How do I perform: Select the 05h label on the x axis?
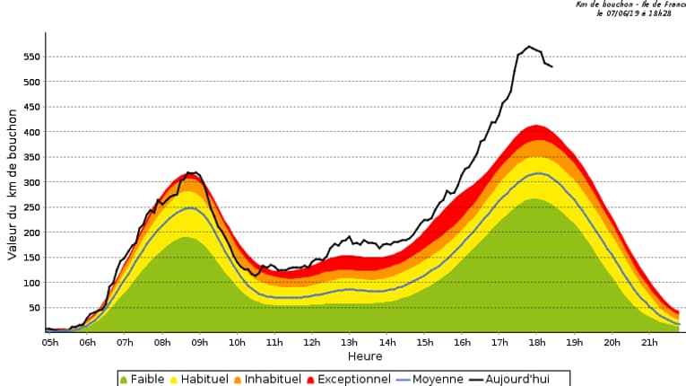coord(49,342)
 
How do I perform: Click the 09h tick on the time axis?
coord(200,342)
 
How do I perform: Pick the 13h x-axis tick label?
coord(350,342)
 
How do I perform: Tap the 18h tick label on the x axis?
coord(537,342)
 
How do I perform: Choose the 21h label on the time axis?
coord(649,342)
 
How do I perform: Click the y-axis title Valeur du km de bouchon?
coord(13,185)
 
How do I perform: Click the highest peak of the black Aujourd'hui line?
coord(529,47)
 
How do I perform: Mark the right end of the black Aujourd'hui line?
coord(551,67)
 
